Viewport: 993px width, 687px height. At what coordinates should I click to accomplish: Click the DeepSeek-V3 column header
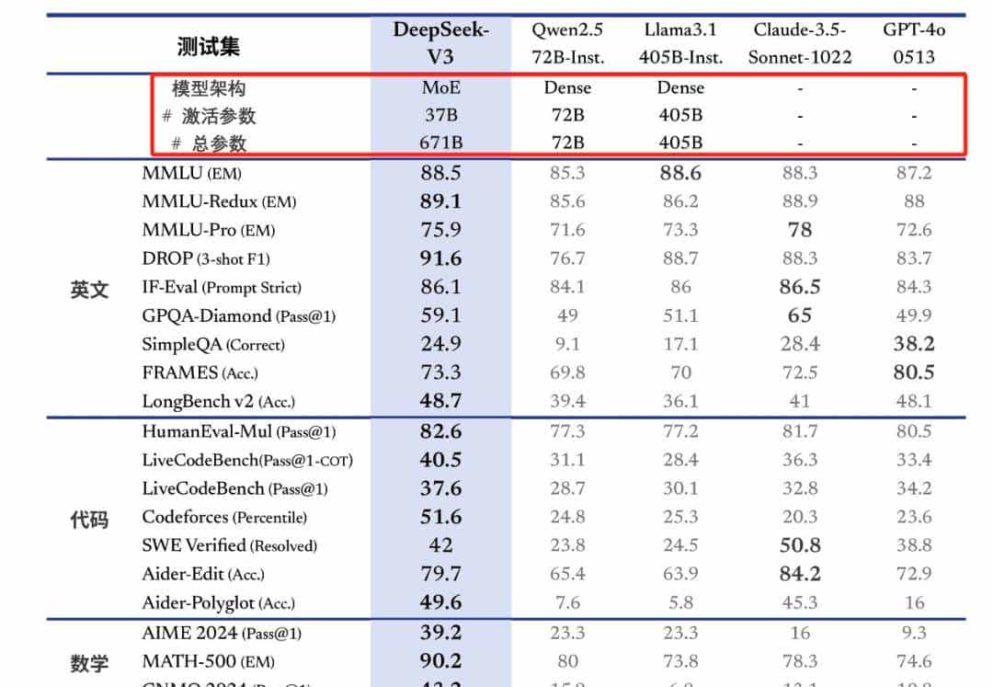(440, 42)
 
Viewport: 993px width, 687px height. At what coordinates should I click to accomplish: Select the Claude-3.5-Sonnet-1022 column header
(800, 42)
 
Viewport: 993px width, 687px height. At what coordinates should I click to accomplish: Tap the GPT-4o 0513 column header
(914, 42)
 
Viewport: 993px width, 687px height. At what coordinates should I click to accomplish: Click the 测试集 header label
(209, 46)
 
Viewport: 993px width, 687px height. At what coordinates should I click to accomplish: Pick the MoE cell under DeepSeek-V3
(440, 88)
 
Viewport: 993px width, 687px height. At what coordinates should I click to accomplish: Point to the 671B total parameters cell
(440, 143)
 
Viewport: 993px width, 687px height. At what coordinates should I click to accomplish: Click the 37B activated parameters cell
(440, 116)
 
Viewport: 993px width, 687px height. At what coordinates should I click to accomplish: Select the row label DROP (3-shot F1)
(206, 258)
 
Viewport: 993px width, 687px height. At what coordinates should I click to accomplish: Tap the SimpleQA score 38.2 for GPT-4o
(914, 344)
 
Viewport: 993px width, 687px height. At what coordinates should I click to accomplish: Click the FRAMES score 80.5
(914, 372)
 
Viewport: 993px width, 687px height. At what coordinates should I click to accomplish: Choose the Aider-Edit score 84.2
(800, 574)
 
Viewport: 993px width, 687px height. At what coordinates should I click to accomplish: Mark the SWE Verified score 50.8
(800, 545)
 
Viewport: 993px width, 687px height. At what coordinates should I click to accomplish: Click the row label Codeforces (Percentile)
(224, 517)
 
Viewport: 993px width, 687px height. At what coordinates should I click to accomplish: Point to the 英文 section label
(89, 290)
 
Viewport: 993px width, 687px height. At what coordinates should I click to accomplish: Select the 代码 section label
(89, 520)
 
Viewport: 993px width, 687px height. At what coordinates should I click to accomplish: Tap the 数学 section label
(89, 663)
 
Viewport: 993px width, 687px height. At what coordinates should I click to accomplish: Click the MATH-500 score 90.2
(440, 661)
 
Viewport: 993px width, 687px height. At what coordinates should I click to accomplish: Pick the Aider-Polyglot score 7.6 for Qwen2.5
(567, 603)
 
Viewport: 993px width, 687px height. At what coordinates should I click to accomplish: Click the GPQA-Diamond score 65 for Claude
(800, 315)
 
